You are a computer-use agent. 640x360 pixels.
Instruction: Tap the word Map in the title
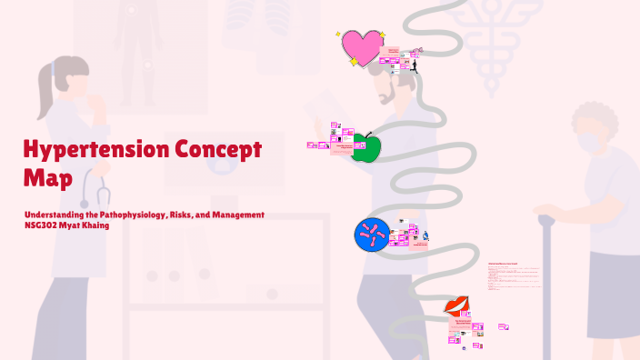click(x=48, y=176)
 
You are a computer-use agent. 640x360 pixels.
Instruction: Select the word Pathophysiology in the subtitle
click(x=129, y=214)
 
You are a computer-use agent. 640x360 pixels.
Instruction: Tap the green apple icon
click(x=365, y=148)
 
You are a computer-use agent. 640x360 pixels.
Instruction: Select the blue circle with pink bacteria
click(x=371, y=236)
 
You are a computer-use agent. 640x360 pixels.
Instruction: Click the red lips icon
click(x=456, y=306)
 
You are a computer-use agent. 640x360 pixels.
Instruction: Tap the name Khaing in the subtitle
click(x=97, y=225)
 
